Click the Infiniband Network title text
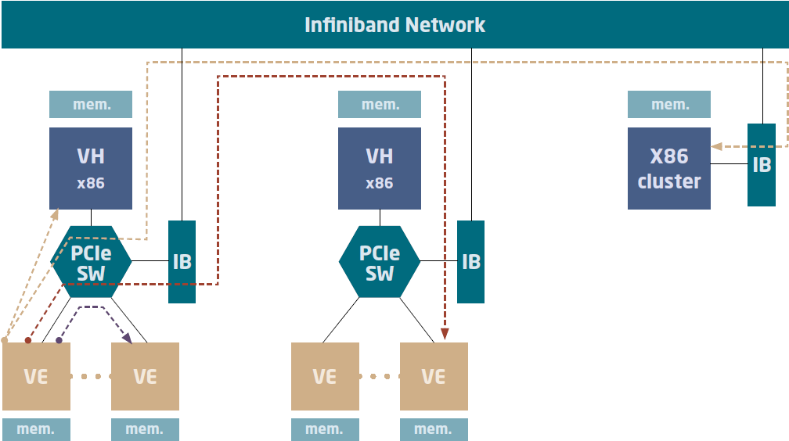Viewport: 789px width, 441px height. click(x=394, y=25)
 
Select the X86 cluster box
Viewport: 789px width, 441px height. click(x=669, y=168)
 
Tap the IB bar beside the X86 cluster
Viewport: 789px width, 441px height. click(x=762, y=165)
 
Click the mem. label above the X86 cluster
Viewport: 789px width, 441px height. click(x=669, y=105)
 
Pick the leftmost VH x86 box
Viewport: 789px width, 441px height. click(x=91, y=168)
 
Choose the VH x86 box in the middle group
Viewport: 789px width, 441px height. click(x=380, y=168)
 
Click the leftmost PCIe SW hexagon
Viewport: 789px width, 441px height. click(x=91, y=262)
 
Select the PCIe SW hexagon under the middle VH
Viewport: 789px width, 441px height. click(x=380, y=262)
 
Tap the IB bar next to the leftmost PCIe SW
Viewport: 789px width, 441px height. click(x=182, y=262)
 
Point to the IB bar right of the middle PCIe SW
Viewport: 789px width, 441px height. click(x=470, y=262)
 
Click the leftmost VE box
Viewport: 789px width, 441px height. click(x=36, y=376)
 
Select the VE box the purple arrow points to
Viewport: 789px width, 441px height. click(x=145, y=376)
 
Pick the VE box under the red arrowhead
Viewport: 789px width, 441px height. click(x=434, y=376)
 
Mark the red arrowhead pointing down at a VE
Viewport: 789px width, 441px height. click(x=445, y=334)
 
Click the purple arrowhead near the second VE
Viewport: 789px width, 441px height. click(x=127, y=337)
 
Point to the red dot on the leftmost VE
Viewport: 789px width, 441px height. click(x=28, y=340)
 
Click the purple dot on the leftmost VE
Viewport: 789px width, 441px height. click(x=59, y=341)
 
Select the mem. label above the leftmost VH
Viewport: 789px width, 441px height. click(x=91, y=105)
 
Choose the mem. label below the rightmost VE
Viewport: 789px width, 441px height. click(x=434, y=429)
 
